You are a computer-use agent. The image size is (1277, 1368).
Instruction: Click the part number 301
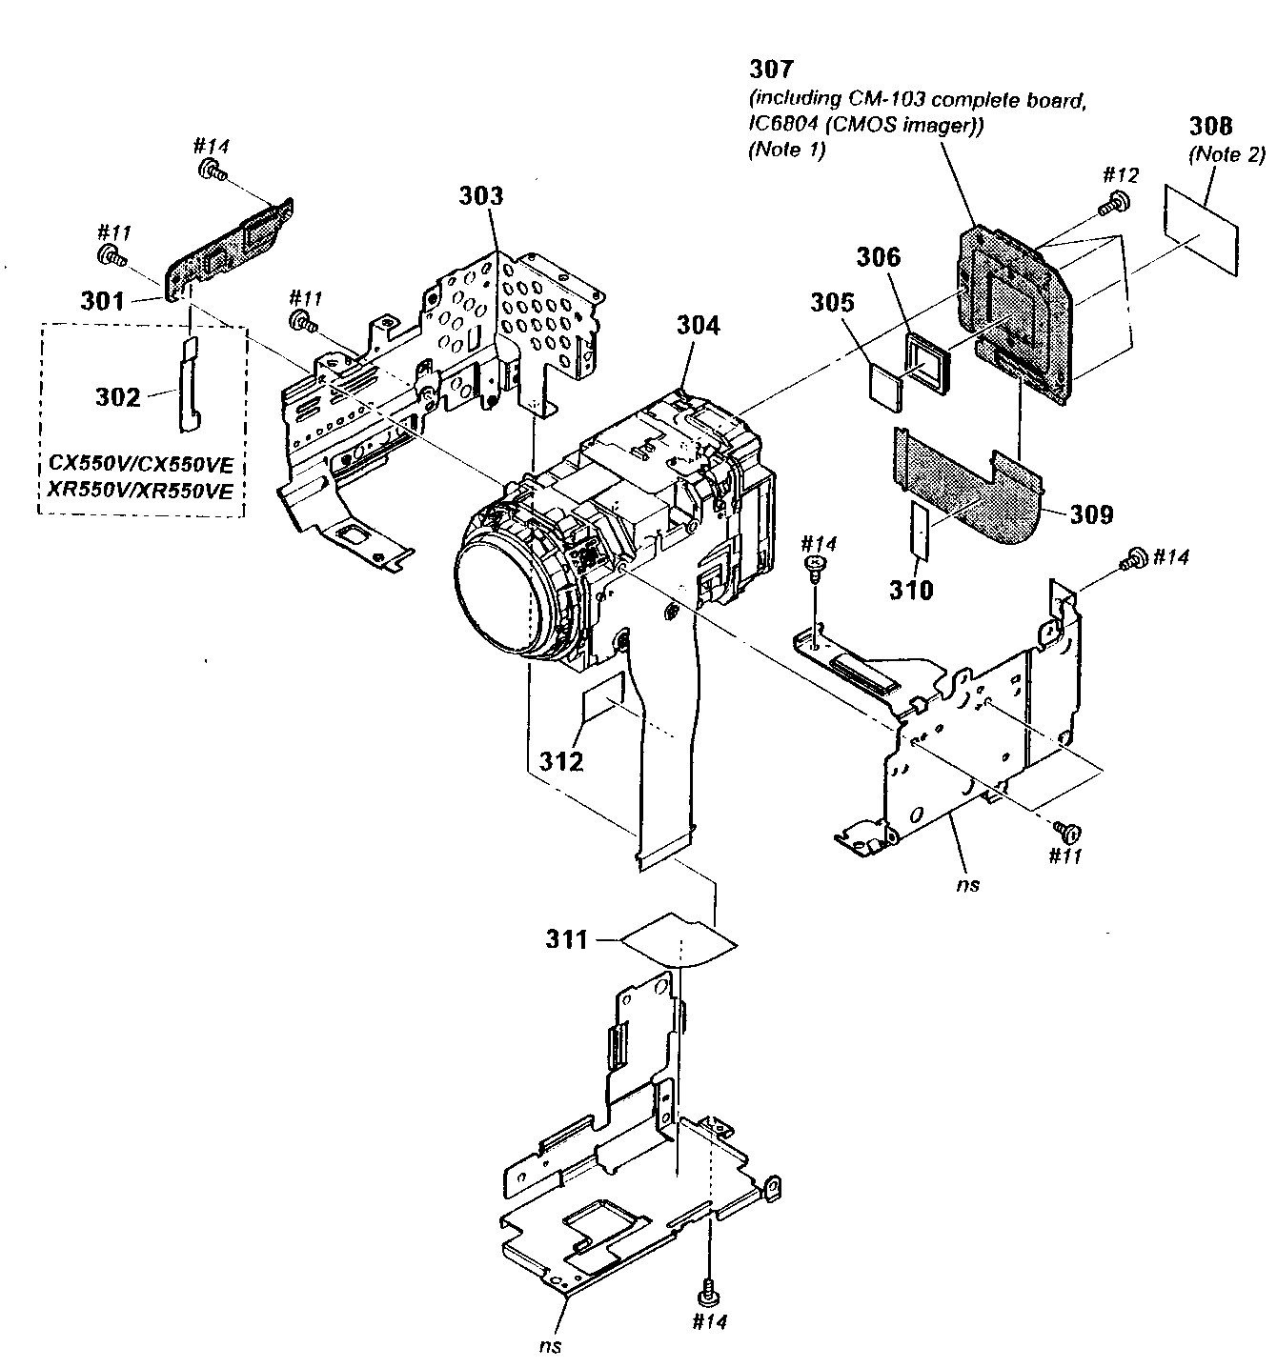tap(102, 301)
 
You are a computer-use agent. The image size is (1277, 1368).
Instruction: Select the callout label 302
tap(118, 397)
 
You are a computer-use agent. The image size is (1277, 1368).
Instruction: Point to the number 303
tap(481, 196)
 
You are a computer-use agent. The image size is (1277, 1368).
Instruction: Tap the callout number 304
tap(699, 325)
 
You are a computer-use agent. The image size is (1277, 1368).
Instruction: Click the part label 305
tap(833, 302)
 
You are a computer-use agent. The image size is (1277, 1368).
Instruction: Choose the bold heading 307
tap(771, 69)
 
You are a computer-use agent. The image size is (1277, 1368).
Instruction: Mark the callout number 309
tap(1090, 514)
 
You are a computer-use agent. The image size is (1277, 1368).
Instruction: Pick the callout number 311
tap(566, 940)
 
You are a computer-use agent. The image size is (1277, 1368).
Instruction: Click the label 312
tap(560, 761)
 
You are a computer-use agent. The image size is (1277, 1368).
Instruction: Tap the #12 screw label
tap(1121, 174)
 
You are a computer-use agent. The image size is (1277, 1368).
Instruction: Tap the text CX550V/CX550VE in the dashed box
tap(141, 466)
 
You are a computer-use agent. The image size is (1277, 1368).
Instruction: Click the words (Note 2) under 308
tap(1226, 153)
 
